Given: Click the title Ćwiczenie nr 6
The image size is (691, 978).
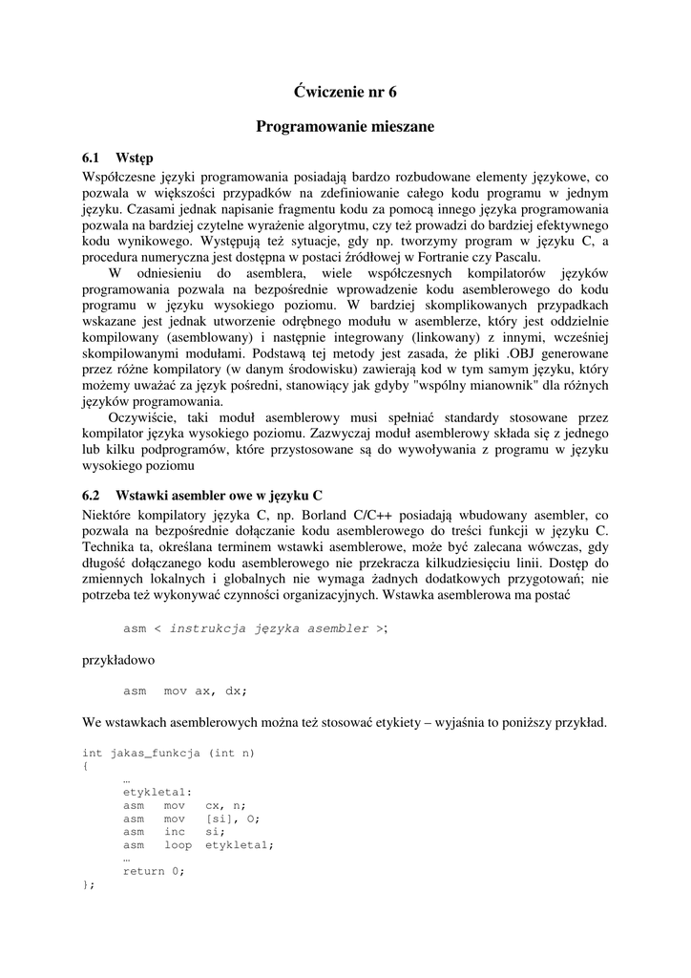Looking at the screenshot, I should [x=345, y=92].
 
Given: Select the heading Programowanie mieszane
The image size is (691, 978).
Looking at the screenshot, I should [x=345, y=126].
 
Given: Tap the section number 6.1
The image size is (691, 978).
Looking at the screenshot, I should [x=92, y=158].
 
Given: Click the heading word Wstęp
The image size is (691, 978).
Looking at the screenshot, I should [x=135, y=158].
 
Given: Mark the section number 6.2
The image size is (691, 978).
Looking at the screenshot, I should [x=92, y=495].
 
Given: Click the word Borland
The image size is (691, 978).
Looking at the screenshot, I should [x=322, y=515].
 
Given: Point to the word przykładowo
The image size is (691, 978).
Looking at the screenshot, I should [x=118, y=659].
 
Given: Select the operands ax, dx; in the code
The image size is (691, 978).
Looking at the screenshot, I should [x=220, y=691].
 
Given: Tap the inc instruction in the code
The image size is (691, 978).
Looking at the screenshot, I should [x=175, y=831].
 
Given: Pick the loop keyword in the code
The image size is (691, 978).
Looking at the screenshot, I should [x=178, y=844].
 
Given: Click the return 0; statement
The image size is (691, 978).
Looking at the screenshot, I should [x=153, y=871].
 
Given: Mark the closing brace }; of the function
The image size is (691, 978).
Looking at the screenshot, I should [x=89, y=884].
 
